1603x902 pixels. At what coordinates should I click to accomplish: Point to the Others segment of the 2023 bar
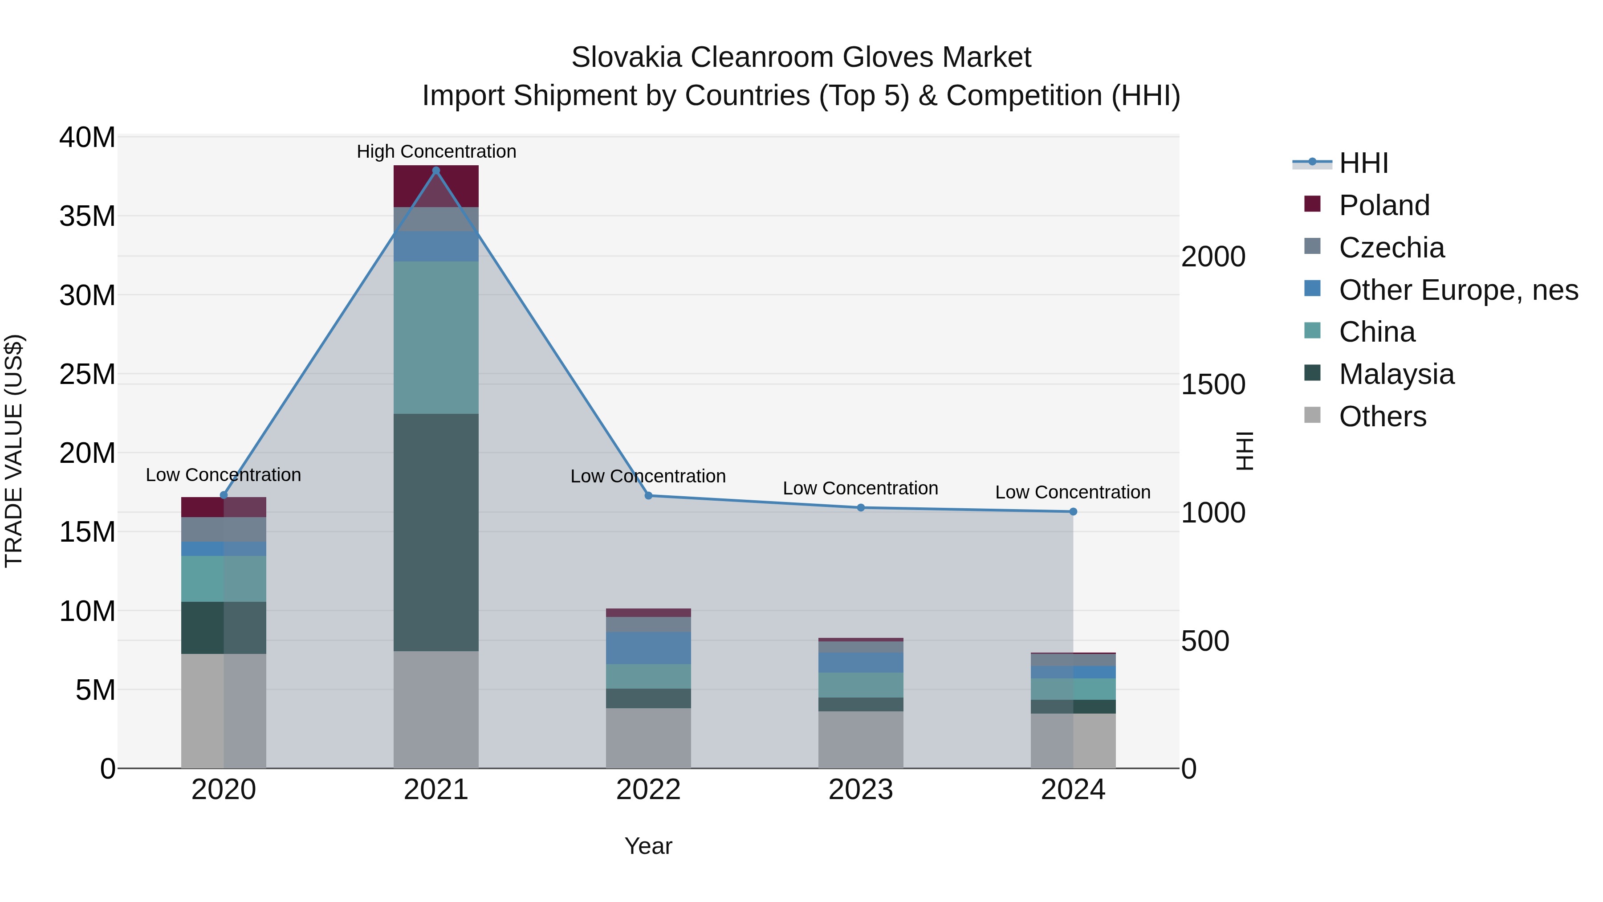click(x=861, y=739)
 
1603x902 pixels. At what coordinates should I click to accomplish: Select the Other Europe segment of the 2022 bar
click(x=648, y=648)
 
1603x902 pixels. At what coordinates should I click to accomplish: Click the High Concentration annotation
click(x=436, y=151)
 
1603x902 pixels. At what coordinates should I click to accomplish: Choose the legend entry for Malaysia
click(x=1396, y=374)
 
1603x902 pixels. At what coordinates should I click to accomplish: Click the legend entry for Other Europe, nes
click(x=1458, y=290)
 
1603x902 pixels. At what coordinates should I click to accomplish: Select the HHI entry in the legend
click(x=1363, y=163)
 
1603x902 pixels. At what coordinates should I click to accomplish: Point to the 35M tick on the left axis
click(x=87, y=216)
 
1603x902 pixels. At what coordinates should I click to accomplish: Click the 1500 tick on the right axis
click(x=1213, y=385)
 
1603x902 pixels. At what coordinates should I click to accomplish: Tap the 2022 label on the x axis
click(x=648, y=790)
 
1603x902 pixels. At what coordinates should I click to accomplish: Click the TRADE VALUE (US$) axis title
click(x=14, y=451)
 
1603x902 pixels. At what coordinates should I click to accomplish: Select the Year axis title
click(x=648, y=846)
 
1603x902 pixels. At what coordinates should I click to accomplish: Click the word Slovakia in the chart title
click(x=627, y=57)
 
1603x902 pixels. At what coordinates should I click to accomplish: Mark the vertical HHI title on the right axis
click(x=1244, y=451)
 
